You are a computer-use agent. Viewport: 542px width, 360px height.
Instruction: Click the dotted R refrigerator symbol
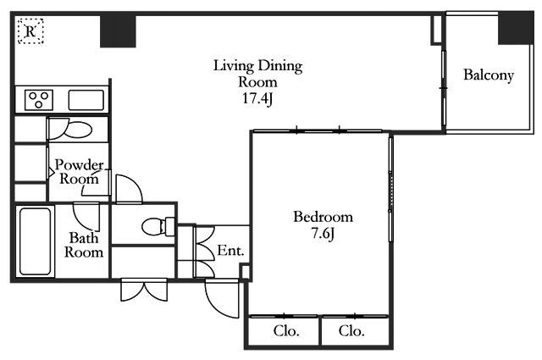pos(30,31)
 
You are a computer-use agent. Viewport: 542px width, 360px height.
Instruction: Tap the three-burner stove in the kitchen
pos(39,100)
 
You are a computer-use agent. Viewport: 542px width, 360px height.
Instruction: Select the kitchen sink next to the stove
pos(86,100)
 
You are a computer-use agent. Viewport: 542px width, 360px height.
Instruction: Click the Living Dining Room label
pos(257,74)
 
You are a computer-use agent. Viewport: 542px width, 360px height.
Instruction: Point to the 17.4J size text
pos(257,99)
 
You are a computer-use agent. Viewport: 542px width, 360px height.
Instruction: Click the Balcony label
pos(489,75)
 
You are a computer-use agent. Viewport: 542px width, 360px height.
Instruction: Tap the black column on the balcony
pos(516,28)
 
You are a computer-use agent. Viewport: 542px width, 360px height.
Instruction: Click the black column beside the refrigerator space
pos(118,30)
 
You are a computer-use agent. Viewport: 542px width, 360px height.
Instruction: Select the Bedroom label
pos(324,217)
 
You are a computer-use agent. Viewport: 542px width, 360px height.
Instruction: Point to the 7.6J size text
pos(324,234)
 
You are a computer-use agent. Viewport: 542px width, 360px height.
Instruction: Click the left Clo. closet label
pos(286,331)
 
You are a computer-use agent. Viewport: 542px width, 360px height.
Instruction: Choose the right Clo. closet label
pos(351,331)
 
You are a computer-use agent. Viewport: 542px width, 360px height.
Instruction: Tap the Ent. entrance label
pos(230,251)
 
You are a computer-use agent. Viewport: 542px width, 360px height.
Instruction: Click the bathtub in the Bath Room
pos(35,241)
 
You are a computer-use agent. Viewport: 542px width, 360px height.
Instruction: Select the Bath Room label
pos(84,245)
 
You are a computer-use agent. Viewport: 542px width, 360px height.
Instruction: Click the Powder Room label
pos(79,172)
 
